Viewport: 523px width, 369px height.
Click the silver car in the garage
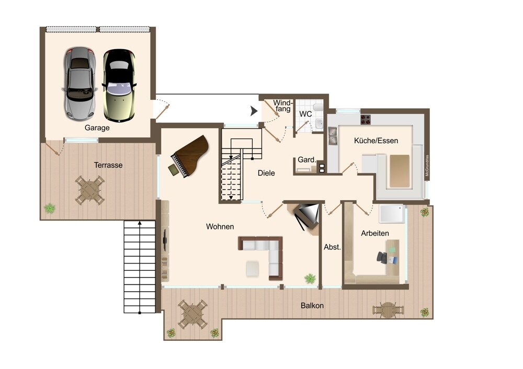(79, 84)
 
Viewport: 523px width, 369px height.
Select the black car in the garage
(119, 85)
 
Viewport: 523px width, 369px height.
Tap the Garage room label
(97, 128)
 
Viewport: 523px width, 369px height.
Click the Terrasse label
(108, 165)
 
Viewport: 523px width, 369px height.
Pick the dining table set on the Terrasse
(89, 190)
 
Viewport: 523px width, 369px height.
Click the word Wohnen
(220, 227)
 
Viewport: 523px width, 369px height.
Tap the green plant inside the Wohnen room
(310, 279)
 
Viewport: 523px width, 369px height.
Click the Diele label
(266, 173)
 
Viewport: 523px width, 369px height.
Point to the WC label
(305, 114)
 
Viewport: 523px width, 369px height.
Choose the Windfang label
(283, 106)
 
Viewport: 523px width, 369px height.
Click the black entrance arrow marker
(254, 111)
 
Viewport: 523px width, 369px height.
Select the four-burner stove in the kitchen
(365, 119)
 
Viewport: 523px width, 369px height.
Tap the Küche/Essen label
(376, 141)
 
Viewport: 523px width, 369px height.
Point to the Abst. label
(332, 247)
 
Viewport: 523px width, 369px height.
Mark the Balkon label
(312, 306)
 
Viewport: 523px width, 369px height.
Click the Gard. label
(306, 160)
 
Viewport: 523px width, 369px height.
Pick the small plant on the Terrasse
(50, 209)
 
